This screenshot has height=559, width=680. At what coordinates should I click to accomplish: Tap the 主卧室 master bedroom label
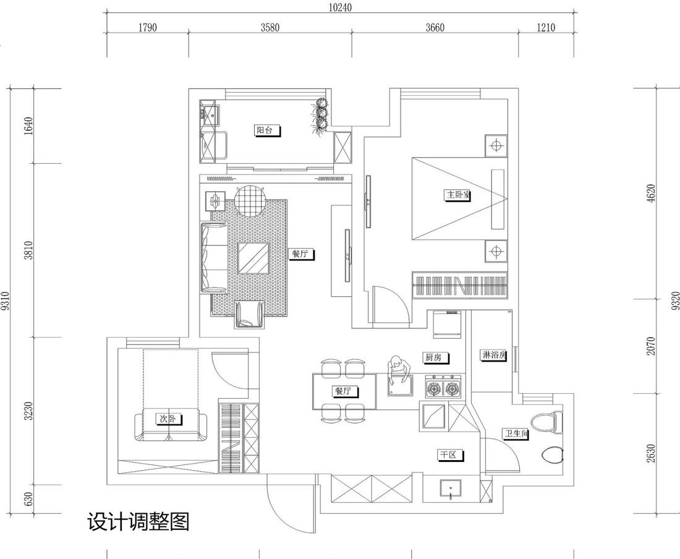tap(458, 195)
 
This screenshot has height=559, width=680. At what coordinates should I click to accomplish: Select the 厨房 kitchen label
tap(436, 357)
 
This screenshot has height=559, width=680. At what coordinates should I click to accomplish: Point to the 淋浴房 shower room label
tap(493, 355)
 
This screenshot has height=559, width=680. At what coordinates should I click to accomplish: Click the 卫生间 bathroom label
tap(515, 434)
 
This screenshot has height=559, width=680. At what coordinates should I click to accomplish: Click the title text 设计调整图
tap(138, 523)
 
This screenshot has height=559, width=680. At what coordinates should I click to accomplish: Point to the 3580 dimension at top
tap(270, 28)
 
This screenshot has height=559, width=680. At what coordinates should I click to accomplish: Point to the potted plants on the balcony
tap(320, 116)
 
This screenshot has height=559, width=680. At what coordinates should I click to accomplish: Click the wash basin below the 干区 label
tap(451, 489)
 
